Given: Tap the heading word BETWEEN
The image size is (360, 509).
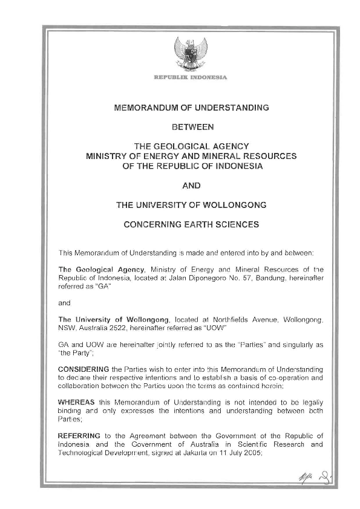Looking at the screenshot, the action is [191, 128].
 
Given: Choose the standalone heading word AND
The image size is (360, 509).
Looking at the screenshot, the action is [191, 185].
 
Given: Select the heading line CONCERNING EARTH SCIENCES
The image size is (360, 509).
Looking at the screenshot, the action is [191, 224].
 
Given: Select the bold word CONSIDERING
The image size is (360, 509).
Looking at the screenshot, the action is [83, 369].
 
